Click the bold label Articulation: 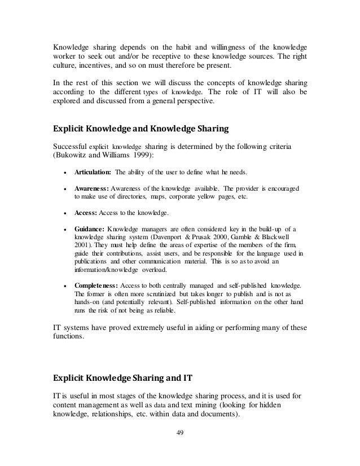(93, 172)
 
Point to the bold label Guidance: (90, 230)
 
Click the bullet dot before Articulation (67, 172)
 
